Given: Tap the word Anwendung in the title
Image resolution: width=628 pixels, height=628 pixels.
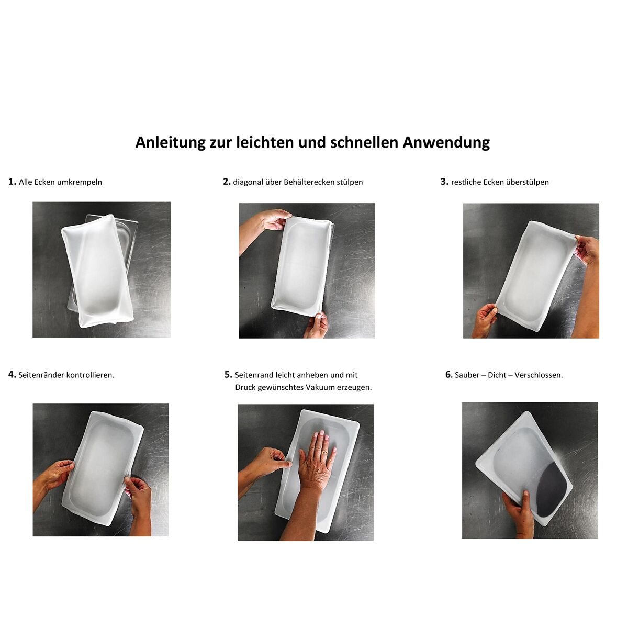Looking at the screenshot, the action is [446, 143].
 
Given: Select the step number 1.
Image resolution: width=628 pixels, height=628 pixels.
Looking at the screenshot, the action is [12, 182].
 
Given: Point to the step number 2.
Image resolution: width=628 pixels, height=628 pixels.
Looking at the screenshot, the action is [227, 182].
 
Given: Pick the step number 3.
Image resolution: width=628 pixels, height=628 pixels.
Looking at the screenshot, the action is [444, 182].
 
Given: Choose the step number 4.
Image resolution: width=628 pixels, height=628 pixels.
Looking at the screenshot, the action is [12, 375].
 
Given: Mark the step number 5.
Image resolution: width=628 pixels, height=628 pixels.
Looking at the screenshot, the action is [229, 375].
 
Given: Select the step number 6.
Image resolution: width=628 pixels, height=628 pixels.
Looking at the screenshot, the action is [449, 375].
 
